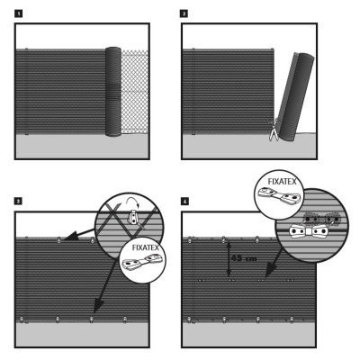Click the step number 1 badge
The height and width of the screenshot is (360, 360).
tap(18, 13)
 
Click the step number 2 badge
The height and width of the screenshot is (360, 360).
tap(184, 13)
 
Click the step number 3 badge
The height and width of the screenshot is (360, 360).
tap(18, 201)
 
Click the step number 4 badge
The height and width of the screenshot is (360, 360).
tap(184, 201)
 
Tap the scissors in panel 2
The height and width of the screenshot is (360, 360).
tap(274, 130)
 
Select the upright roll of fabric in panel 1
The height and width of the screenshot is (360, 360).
tap(113, 92)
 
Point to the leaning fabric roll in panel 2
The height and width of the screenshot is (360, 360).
tap(295, 97)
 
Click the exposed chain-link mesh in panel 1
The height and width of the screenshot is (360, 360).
tap(135, 92)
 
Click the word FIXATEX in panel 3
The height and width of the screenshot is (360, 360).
tap(145, 247)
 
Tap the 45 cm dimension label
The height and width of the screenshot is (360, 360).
tap(244, 257)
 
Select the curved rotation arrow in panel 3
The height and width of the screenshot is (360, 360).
tap(132, 202)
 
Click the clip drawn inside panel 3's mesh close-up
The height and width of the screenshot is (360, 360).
tap(132, 218)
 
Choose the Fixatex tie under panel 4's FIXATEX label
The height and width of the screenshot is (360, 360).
tap(279, 194)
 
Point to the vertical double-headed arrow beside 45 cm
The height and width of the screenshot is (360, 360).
tap(229, 259)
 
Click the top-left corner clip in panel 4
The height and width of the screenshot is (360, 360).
tap(190, 239)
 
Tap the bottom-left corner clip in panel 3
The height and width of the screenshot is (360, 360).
tap(22, 319)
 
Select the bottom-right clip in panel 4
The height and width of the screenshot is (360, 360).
tap(292, 319)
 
